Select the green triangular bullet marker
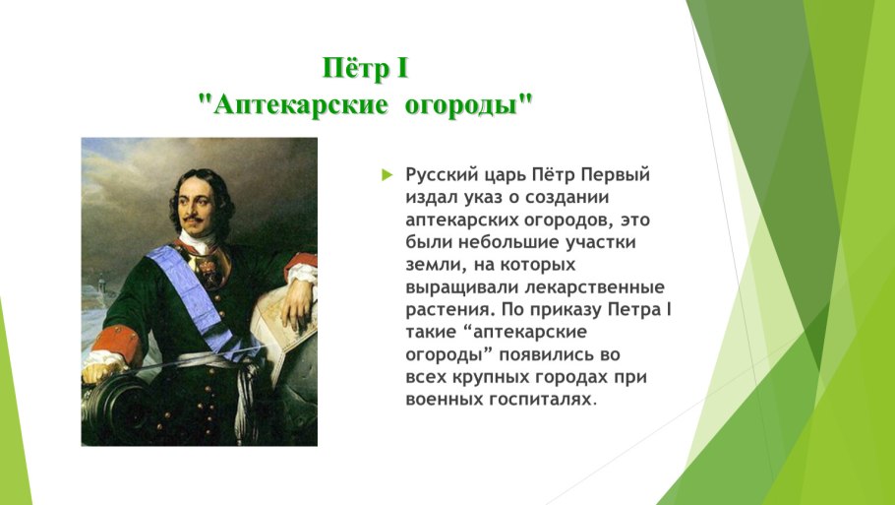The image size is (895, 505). (x=387, y=175)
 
